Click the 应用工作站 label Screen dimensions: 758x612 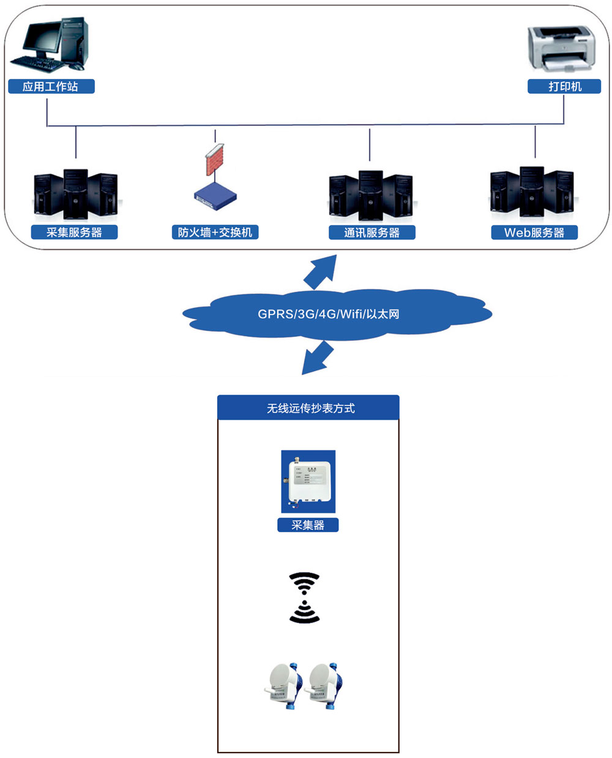pos(51,86)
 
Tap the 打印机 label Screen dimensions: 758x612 pos(564,86)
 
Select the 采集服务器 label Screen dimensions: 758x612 pos(74,232)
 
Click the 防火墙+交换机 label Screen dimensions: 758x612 pos(215,232)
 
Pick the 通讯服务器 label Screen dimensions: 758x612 pos(371,232)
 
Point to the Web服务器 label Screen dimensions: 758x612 pos(534,232)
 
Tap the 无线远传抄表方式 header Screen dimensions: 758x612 pos(308,408)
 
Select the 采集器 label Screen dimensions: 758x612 pos(308,525)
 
